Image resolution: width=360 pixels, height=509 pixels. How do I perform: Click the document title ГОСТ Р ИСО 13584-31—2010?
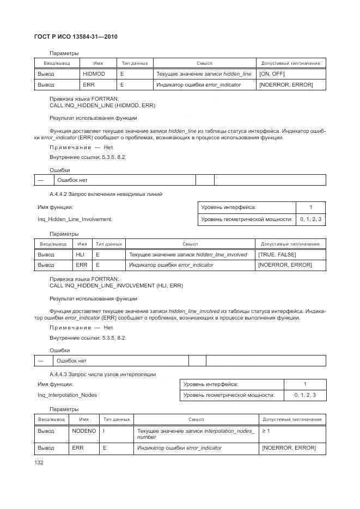click(76, 36)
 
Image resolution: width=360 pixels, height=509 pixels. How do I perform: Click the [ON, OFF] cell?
click(272, 74)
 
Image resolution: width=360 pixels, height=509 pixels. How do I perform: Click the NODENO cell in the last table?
click(84, 431)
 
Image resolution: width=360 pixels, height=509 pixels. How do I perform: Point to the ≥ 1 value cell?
click(266, 431)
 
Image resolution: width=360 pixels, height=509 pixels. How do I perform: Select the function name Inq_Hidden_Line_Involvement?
click(74, 219)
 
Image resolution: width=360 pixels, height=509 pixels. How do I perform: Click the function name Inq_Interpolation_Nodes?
click(67, 395)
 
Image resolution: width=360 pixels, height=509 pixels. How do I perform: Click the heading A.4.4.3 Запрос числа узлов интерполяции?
click(102, 375)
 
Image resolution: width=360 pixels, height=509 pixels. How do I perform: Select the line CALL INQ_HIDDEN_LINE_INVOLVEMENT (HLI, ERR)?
click(116, 285)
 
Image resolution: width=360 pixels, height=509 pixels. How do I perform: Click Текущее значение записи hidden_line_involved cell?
click(187, 254)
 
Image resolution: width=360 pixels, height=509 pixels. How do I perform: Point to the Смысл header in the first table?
click(204, 63)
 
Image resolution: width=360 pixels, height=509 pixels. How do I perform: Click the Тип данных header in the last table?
click(116, 419)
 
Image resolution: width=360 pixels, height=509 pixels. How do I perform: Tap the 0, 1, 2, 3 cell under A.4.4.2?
click(310, 219)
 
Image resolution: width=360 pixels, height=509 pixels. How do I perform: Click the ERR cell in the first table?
click(89, 85)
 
